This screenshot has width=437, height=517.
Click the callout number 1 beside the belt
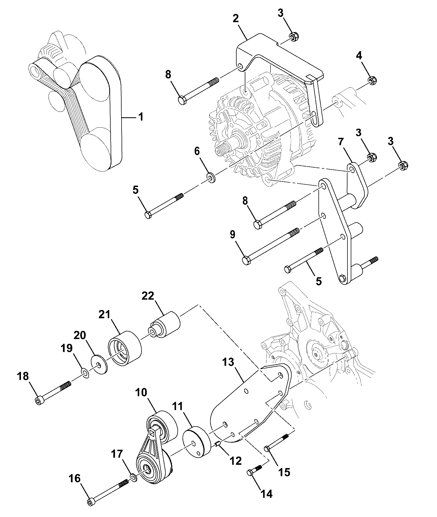141,117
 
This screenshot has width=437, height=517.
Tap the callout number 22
148,296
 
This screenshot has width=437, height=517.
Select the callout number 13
228,363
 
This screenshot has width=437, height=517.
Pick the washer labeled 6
211,178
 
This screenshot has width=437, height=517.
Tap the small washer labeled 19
85,373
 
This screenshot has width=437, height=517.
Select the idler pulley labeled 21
125,348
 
